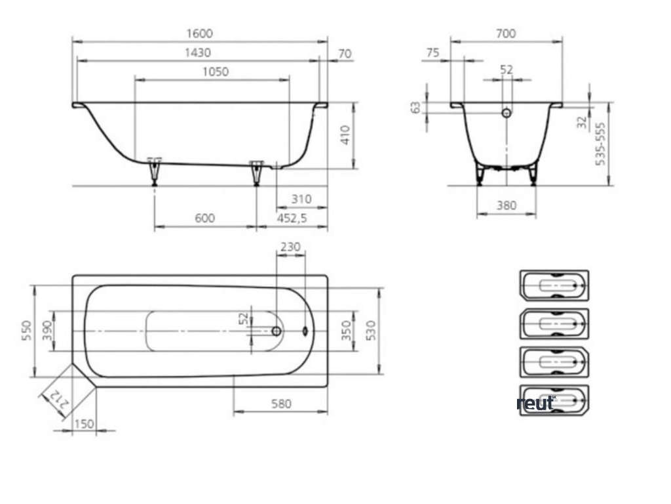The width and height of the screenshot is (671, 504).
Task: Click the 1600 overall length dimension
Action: [x=199, y=33]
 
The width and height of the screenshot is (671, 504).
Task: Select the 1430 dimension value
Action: [x=198, y=52]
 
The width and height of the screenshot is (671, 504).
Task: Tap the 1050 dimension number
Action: [x=215, y=72]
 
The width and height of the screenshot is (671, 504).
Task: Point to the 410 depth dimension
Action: [x=346, y=135]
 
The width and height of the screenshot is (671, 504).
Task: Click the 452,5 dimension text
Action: [x=292, y=218]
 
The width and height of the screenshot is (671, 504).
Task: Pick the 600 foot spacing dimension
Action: [x=204, y=218]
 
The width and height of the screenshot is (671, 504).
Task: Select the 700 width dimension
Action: [x=506, y=33]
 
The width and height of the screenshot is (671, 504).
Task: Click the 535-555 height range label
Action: [x=600, y=144]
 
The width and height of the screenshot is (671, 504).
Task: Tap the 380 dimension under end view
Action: [x=507, y=205]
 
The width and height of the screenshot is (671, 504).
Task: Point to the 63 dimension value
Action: [x=415, y=107]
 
